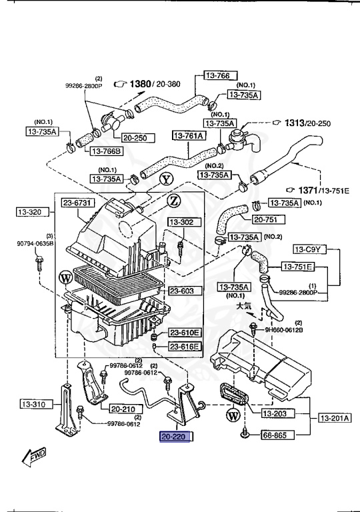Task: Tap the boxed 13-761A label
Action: click(189, 136)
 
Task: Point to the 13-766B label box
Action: click(105, 151)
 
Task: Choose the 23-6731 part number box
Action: click(79, 203)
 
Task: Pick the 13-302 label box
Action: click(180, 222)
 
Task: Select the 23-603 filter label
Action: click(181, 291)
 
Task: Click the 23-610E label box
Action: click(184, 332)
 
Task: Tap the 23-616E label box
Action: click(184, 346)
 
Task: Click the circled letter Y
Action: click(166, 179)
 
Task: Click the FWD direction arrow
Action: click(33, 457)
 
